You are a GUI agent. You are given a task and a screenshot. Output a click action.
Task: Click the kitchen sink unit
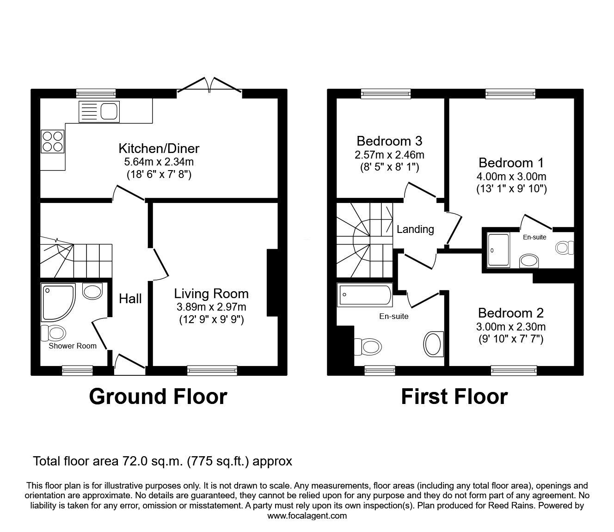coord(99,111)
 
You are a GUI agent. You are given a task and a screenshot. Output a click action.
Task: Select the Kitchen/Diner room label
coord(159,148)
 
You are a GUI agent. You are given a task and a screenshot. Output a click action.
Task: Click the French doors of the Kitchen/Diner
coord(209,86)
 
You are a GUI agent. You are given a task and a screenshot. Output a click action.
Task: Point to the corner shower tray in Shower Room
coord(57,302)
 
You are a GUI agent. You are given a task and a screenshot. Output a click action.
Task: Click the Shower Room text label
coord(73,346)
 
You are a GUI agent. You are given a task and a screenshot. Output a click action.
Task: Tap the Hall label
coord(130,299)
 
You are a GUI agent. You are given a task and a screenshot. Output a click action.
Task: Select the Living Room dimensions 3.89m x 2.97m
coord(211,306)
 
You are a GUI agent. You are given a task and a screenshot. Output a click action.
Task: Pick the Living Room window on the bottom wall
coord(212,370)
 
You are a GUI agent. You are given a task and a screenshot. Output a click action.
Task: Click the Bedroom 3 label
coord(389,141)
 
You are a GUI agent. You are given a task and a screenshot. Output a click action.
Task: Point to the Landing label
coord(415,229)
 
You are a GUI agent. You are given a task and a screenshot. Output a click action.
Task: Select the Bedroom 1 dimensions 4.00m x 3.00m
coord(511,176)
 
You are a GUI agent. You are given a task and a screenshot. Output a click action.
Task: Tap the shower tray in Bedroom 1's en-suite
coord(498,250)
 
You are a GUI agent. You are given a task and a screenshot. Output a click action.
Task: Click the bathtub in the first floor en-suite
coord(365,295)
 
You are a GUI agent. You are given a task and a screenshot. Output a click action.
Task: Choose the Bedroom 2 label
coord(511,313)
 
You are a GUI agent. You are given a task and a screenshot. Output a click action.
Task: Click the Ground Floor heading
coord(158,397)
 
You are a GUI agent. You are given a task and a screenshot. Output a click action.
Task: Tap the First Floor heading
coord(454,397)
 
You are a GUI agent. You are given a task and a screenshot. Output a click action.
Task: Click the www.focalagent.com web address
coord(307,516)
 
